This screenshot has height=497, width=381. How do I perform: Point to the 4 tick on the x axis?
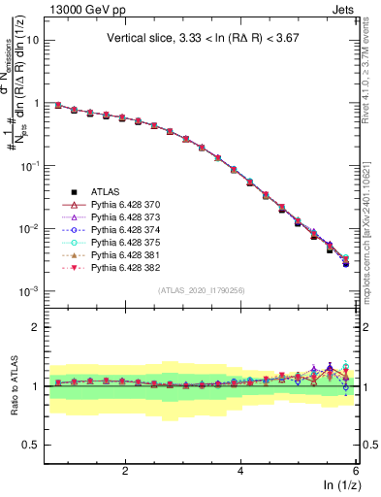(x=240, y=471)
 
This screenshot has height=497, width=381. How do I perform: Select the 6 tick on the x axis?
(x=355, y=471)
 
